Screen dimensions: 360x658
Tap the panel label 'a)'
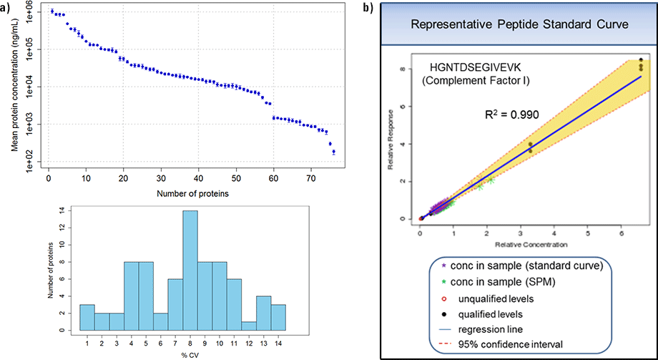9,8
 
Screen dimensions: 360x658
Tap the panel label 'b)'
368,8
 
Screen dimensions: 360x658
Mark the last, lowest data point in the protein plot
333,152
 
